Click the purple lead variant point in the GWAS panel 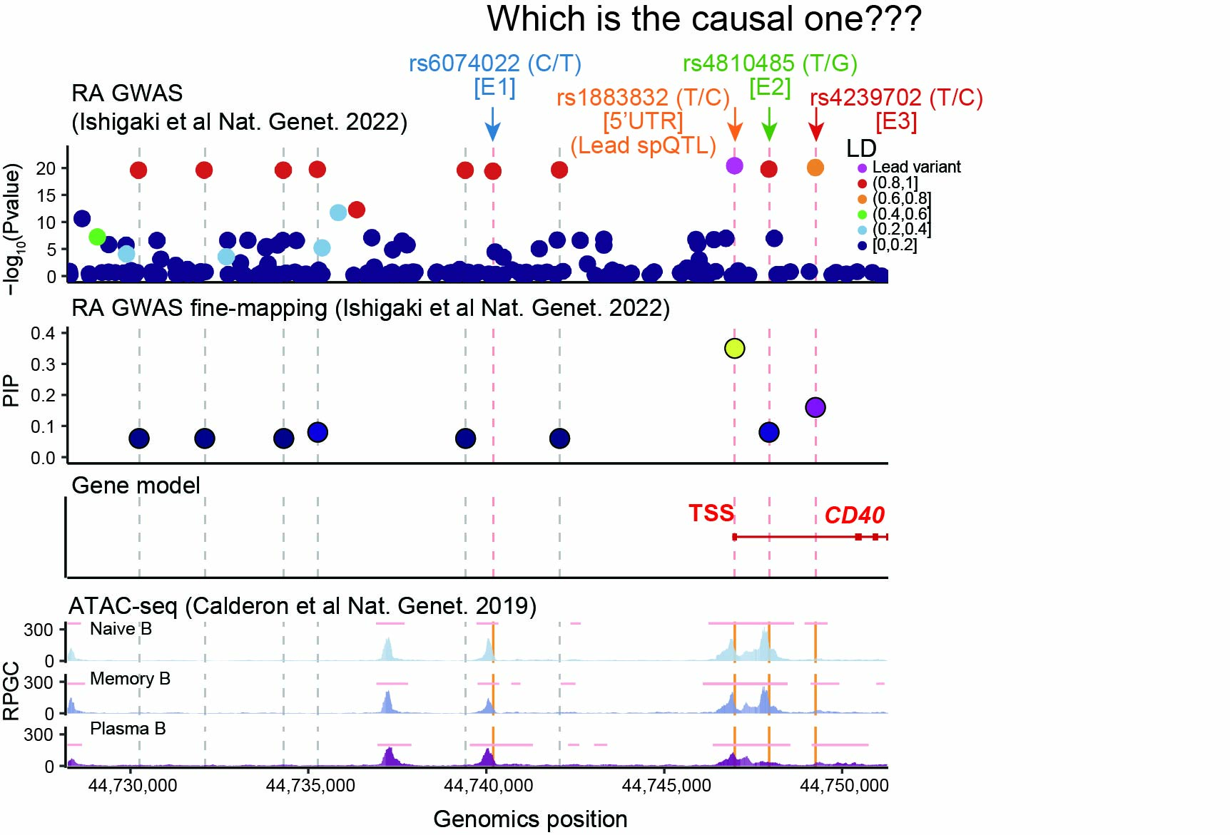(x=734, y=165)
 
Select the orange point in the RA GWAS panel (x=815, y=167)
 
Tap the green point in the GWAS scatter (x=97, y=237)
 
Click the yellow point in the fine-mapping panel (x=735, y=348)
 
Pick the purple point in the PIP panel (x=815, y=407)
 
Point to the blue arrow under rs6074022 (x=492, y=124)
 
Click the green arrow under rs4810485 (x=768, y=124)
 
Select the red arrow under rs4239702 (x=816, y=124)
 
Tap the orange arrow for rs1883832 (x=735, y=124)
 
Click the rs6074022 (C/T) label (x=495, y=63)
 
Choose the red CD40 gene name (x=854, y=515)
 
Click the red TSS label (x=711, y=513)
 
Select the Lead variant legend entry (x=909, y=167)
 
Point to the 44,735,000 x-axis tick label (x=310, y=786)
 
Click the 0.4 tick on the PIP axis (x=43, y=334)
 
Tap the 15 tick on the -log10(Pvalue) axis (x=46, y=195)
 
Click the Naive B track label (x=121, y=629)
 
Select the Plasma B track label (x=128, y=729)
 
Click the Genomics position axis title (x=530, y=819)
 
